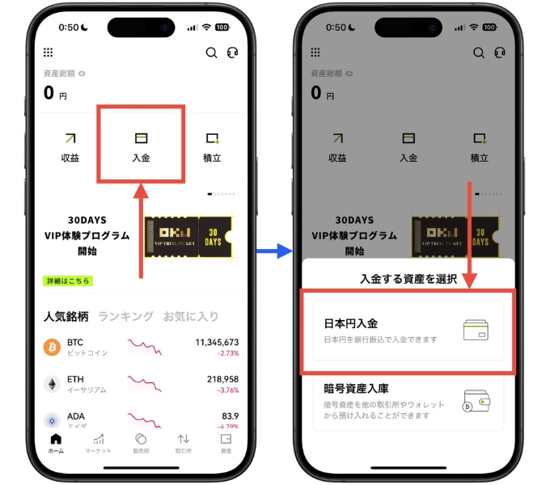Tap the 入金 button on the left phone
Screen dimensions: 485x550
point(141,146)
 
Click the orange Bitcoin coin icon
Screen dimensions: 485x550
point(52,348)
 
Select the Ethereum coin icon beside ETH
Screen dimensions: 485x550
point(52,384)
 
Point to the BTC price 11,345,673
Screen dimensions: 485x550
point(217,342)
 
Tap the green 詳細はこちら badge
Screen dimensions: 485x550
point(68,280)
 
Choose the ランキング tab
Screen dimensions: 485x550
point(125,316)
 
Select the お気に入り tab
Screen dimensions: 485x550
point(191,316)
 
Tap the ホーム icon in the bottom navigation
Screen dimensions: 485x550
point(56,443)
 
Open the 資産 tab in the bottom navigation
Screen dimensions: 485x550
point(226,443)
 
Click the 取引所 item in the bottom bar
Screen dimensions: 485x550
point(184,443)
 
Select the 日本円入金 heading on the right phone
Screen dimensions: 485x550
point(351,323)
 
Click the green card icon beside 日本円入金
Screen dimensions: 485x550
point(476,331)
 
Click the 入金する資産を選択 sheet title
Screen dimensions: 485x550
point(408,280)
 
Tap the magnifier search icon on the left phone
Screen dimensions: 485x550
point(211,53)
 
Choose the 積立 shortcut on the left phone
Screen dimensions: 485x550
point(213,146)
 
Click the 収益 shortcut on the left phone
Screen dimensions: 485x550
point(70,146)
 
